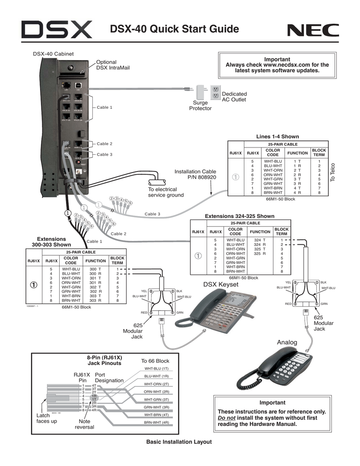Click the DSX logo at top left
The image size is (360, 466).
pyautogui.click(x=57, y=31)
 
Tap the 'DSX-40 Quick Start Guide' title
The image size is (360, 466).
pyautogui.click(x=175, y=30)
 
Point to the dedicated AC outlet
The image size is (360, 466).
pyautogui.click(x=216, y=92)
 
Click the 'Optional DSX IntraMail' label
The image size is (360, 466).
pyautogui.click(x=113, y=65)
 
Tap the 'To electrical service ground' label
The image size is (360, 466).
pyautogui.click(x=166, y=192)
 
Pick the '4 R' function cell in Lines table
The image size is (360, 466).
pyautogui.click(x=297, y=193)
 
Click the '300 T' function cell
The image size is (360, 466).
pyautogui.click(x=95, y=269)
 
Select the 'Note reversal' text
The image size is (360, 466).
pyautogui.click(x=85, y=424)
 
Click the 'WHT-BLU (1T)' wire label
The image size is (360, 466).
pyautogui.click(x=157, y=368)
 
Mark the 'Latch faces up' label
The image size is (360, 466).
pyautogui.click(x=47, y=418)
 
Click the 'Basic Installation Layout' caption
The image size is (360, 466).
pyautogui.click(x=179, y=442)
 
